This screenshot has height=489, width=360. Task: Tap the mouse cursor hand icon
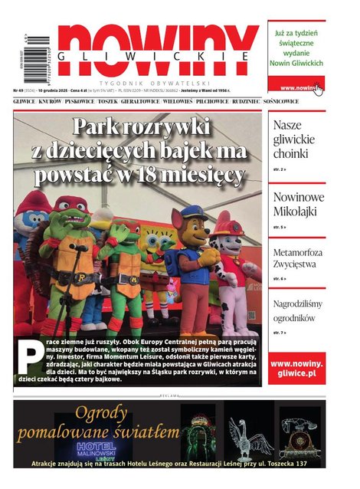pyautogui.click(x=318, y=90)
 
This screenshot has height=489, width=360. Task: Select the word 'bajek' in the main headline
pyautogui.click(x=181, y=149)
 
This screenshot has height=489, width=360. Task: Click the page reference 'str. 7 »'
pyautogui.click(x=280, y=333)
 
